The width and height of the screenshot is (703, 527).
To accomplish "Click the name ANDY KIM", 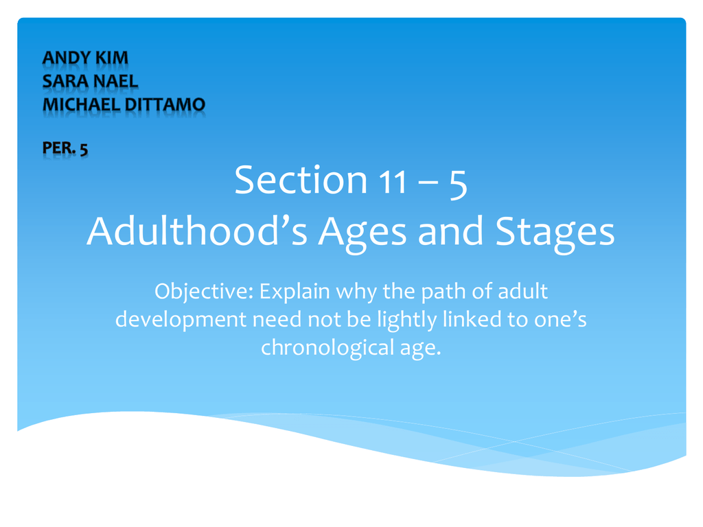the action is point(85,58).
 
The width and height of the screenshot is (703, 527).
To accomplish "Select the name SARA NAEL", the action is point(90,82).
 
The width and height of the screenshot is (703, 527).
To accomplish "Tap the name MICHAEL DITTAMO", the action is point(124,105).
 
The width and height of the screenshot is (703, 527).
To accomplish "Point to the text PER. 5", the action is point(65,148).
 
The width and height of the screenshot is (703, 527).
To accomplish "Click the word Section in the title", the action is point(301,180).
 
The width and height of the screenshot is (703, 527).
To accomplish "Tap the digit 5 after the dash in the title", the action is point(458,184).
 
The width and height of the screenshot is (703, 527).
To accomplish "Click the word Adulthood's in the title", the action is point(197,231).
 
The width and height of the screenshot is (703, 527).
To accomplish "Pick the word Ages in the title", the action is point(362,233).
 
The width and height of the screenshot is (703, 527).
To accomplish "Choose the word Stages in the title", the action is point(555,233).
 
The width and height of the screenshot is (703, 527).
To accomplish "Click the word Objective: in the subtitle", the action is point(204,292).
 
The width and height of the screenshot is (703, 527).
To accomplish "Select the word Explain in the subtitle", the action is point(295,292).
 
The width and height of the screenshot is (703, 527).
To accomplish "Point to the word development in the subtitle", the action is point(181,320).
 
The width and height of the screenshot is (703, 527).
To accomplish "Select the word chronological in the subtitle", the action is point(327,348).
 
